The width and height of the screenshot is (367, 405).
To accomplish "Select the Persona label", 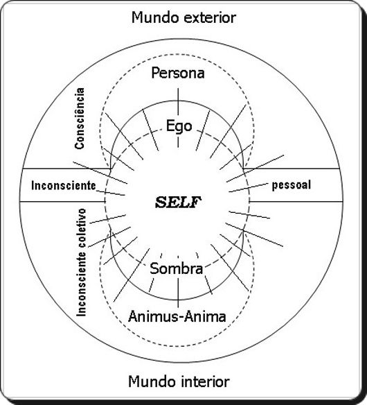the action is (x=178, y=73).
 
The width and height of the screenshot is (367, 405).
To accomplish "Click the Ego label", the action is (x=179, y=126).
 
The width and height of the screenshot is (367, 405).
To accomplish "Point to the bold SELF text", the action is (x=178, y=203).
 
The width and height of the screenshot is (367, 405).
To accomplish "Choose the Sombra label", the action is (x=177, y=268).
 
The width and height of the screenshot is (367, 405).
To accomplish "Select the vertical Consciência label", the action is (x=80, y=119).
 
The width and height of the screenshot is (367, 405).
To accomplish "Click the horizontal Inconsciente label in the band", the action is (x=64, y=185).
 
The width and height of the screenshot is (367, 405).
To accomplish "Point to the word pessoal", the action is (x=292, y=185).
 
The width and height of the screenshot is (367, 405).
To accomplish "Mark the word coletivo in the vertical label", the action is (x=81, y=227).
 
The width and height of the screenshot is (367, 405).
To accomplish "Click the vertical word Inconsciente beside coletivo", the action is (x=81, y=284).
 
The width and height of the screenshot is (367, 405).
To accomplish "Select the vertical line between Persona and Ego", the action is (x=178, y=102).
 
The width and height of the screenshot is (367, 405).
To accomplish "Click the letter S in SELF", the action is (x=161, y=203).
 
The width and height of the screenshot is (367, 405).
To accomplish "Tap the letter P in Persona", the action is (x=155, y=73).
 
